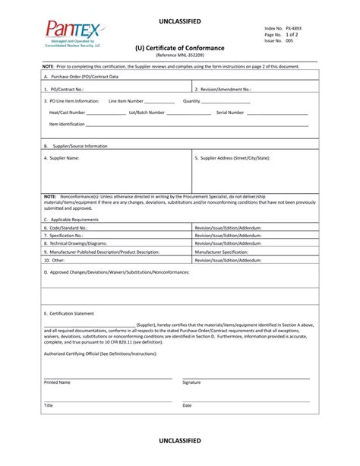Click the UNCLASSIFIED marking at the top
coord(180,21)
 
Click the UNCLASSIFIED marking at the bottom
coord(180,441)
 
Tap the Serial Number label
coord(230,112)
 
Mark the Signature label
coord(191,382)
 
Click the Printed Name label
coord(57,382)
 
